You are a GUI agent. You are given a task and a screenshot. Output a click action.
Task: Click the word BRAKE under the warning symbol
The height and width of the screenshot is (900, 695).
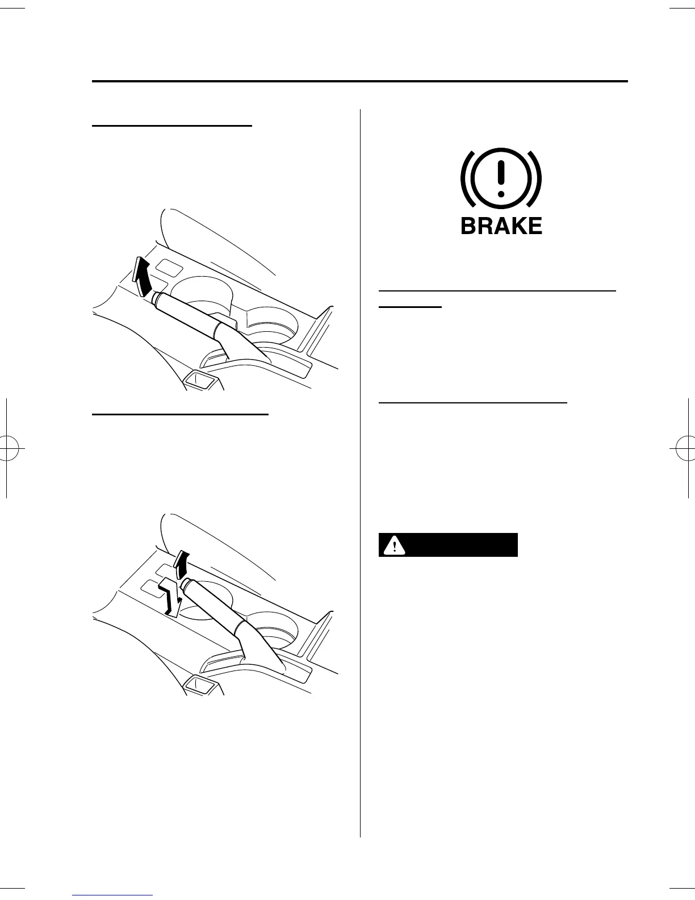(501, 226)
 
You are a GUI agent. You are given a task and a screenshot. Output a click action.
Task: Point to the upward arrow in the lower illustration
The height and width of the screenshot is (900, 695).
(181, 565)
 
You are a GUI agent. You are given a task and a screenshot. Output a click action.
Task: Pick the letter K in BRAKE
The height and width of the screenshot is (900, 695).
(518, 226)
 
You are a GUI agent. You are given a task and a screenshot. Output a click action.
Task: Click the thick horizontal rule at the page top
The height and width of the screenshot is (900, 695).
(360, 82)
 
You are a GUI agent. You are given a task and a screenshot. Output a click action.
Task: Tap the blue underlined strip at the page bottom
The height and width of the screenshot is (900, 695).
(113, 895)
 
